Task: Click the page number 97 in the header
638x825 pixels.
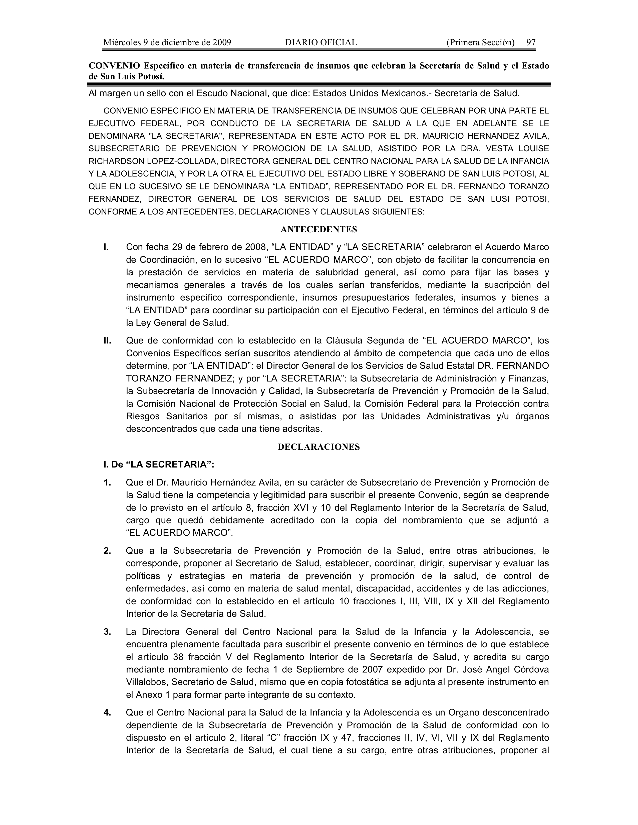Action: pos(531,42)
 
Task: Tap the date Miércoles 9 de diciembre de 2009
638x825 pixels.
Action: pos(167,42)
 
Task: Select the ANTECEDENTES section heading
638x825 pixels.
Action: pos(318,229)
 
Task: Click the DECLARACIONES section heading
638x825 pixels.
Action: pos(318,447)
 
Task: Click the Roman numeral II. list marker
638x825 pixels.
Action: pos(107,341)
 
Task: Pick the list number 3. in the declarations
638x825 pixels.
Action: pos(107,631)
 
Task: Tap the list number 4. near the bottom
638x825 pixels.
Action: pos(107,712)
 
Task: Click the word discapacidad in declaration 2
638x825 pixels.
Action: pos(382,588)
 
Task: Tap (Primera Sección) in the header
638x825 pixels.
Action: pos(480,42)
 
